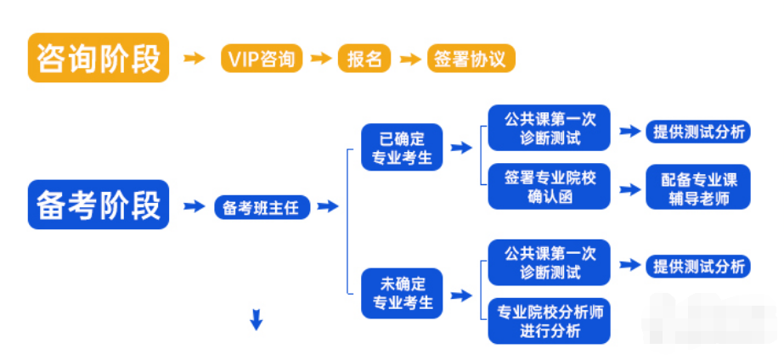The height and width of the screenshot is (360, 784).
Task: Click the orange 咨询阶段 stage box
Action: (99, 58)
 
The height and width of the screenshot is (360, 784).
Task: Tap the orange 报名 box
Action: (364, 59)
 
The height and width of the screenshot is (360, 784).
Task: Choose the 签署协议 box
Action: (470, 59)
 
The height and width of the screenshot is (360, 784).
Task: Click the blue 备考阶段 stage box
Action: (99, 205)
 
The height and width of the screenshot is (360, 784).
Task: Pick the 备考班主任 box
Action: (261, 206)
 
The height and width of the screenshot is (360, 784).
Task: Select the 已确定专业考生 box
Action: (402, 147)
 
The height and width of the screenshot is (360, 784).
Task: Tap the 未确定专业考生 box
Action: (402, 293)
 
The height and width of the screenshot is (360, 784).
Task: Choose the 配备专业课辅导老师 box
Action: (698, 187)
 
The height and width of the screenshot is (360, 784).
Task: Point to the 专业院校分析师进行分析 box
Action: (549, 321)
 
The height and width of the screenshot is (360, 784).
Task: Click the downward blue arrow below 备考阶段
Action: (256, 320)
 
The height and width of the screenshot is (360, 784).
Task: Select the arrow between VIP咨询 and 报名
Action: (320, 59)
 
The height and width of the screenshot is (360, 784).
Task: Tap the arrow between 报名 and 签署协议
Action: (410, 59)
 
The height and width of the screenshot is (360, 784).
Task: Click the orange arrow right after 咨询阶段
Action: (195, 59)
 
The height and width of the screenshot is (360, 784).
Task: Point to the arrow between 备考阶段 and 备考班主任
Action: (195, 206)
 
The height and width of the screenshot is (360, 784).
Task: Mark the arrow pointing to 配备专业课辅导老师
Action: (629, 188)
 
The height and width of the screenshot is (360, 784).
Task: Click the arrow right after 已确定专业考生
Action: (460, 148)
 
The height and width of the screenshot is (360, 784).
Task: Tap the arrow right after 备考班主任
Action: (328, 206)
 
